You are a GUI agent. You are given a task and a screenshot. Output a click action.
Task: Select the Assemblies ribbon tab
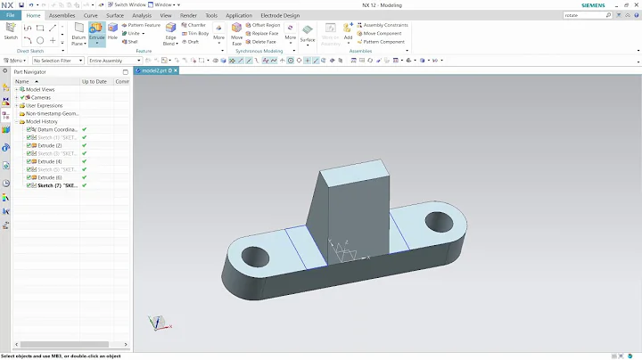(x=62, y=15)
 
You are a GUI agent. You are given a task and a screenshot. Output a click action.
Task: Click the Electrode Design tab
(x=279, y=15)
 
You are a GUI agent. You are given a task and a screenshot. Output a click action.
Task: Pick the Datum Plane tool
(x=79, y=32)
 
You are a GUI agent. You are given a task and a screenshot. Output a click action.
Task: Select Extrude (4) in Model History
(x=50, y=161)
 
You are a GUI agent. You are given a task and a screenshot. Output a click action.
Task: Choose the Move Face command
(x=237, y=32)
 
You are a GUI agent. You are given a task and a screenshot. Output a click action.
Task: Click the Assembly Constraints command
(x=385, y=25)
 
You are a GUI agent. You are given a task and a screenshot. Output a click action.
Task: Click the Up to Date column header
(x=95, y=81)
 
